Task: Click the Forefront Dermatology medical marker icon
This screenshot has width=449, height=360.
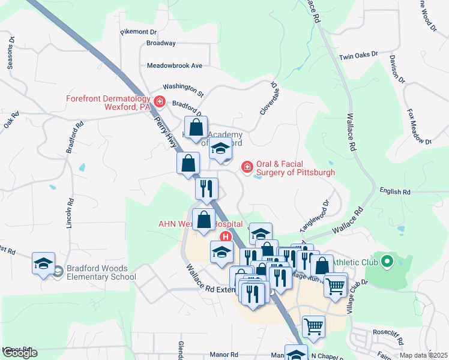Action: click(160, 101)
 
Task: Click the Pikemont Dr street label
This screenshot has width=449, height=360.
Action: click(138, 31)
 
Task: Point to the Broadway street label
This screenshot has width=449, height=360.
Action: click(161, 43)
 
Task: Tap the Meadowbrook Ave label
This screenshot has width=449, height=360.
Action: click(175, 65)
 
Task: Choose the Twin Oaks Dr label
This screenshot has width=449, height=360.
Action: click(358, 56)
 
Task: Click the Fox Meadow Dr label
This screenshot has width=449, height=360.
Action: click(419, 127)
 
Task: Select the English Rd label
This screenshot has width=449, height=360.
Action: click(395, 192)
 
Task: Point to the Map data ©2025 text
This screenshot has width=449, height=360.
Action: click(424, 355)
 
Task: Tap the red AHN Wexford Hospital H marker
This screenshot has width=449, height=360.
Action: click(225, 236)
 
